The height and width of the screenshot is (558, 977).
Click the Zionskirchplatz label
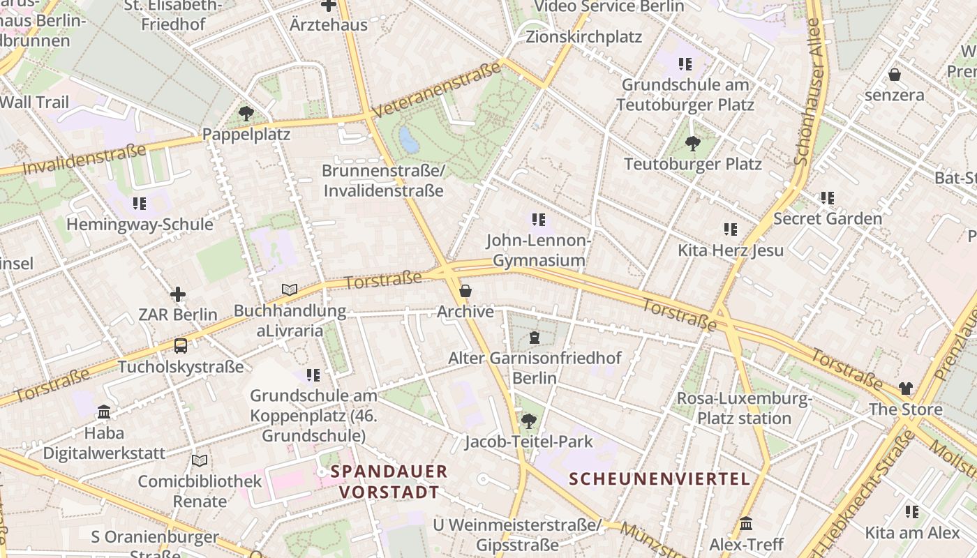tap(583, 36)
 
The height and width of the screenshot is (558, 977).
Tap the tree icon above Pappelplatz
tap(246, 113)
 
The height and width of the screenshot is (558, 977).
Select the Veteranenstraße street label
tap(437, 90)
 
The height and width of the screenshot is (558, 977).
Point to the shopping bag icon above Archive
tap(465, 291)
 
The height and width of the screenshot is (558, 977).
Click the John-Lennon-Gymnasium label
tap(539, 250)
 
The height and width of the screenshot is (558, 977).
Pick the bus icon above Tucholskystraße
tap(180, 346)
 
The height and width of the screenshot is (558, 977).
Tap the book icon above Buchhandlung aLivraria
tap(290, 289)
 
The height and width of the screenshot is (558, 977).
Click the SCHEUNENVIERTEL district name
tap(659, 479)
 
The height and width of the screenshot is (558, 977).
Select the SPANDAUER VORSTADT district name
tap(389, 481)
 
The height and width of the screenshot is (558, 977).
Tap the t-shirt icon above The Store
tap(905, 389)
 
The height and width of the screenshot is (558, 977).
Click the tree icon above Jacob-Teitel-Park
tap(529, 421)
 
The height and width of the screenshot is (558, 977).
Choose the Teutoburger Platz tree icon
tap(692, 144)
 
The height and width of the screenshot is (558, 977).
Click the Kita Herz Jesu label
tap(731, 250)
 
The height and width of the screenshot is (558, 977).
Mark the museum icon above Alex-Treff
tap(746, 523)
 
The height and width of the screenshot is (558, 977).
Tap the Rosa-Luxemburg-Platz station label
tap(745, 409)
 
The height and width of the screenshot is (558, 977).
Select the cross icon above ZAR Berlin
tap(178, 294)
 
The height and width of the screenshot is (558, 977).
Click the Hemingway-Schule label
tap(140, 225)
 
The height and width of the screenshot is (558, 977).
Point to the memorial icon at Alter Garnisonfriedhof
tap(535, 338)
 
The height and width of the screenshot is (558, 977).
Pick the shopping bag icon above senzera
tap(895, 75)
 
